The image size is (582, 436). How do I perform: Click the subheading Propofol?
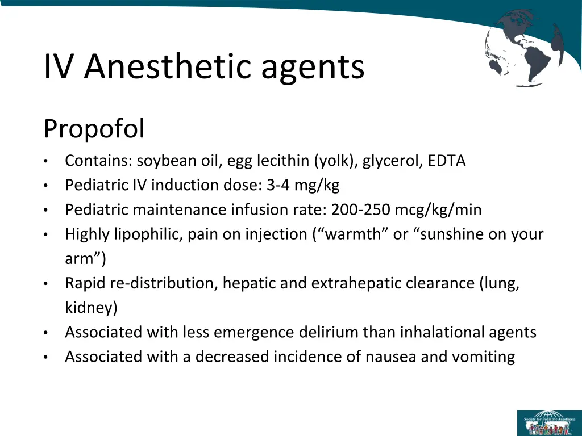click(x=94, y=129)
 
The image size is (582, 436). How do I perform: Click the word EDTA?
click(x=447, y=161)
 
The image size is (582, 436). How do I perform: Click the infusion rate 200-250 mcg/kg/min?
click(x=406, y=210)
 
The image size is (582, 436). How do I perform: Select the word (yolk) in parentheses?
click(x=335, y=161)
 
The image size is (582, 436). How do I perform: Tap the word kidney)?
click(x=92, y=308)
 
